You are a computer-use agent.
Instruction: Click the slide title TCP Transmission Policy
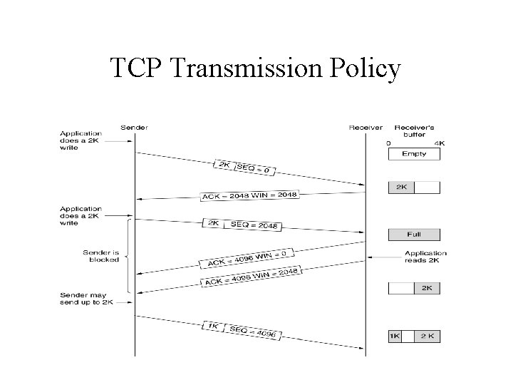pos(256,68)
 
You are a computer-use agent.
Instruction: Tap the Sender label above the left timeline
pos(134,128)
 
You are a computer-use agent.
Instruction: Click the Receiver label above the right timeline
pos(366,128)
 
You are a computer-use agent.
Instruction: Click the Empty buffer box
pos(414,154)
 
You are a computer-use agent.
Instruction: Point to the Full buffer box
pos(414,235)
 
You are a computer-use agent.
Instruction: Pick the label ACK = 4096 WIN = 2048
pos(252,277)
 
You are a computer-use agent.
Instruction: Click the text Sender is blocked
pos(101,256)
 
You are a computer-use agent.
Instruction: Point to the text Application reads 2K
pos(425,257)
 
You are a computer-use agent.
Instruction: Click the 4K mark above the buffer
pos(440,143)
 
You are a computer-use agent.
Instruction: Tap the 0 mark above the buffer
pos(388,143)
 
